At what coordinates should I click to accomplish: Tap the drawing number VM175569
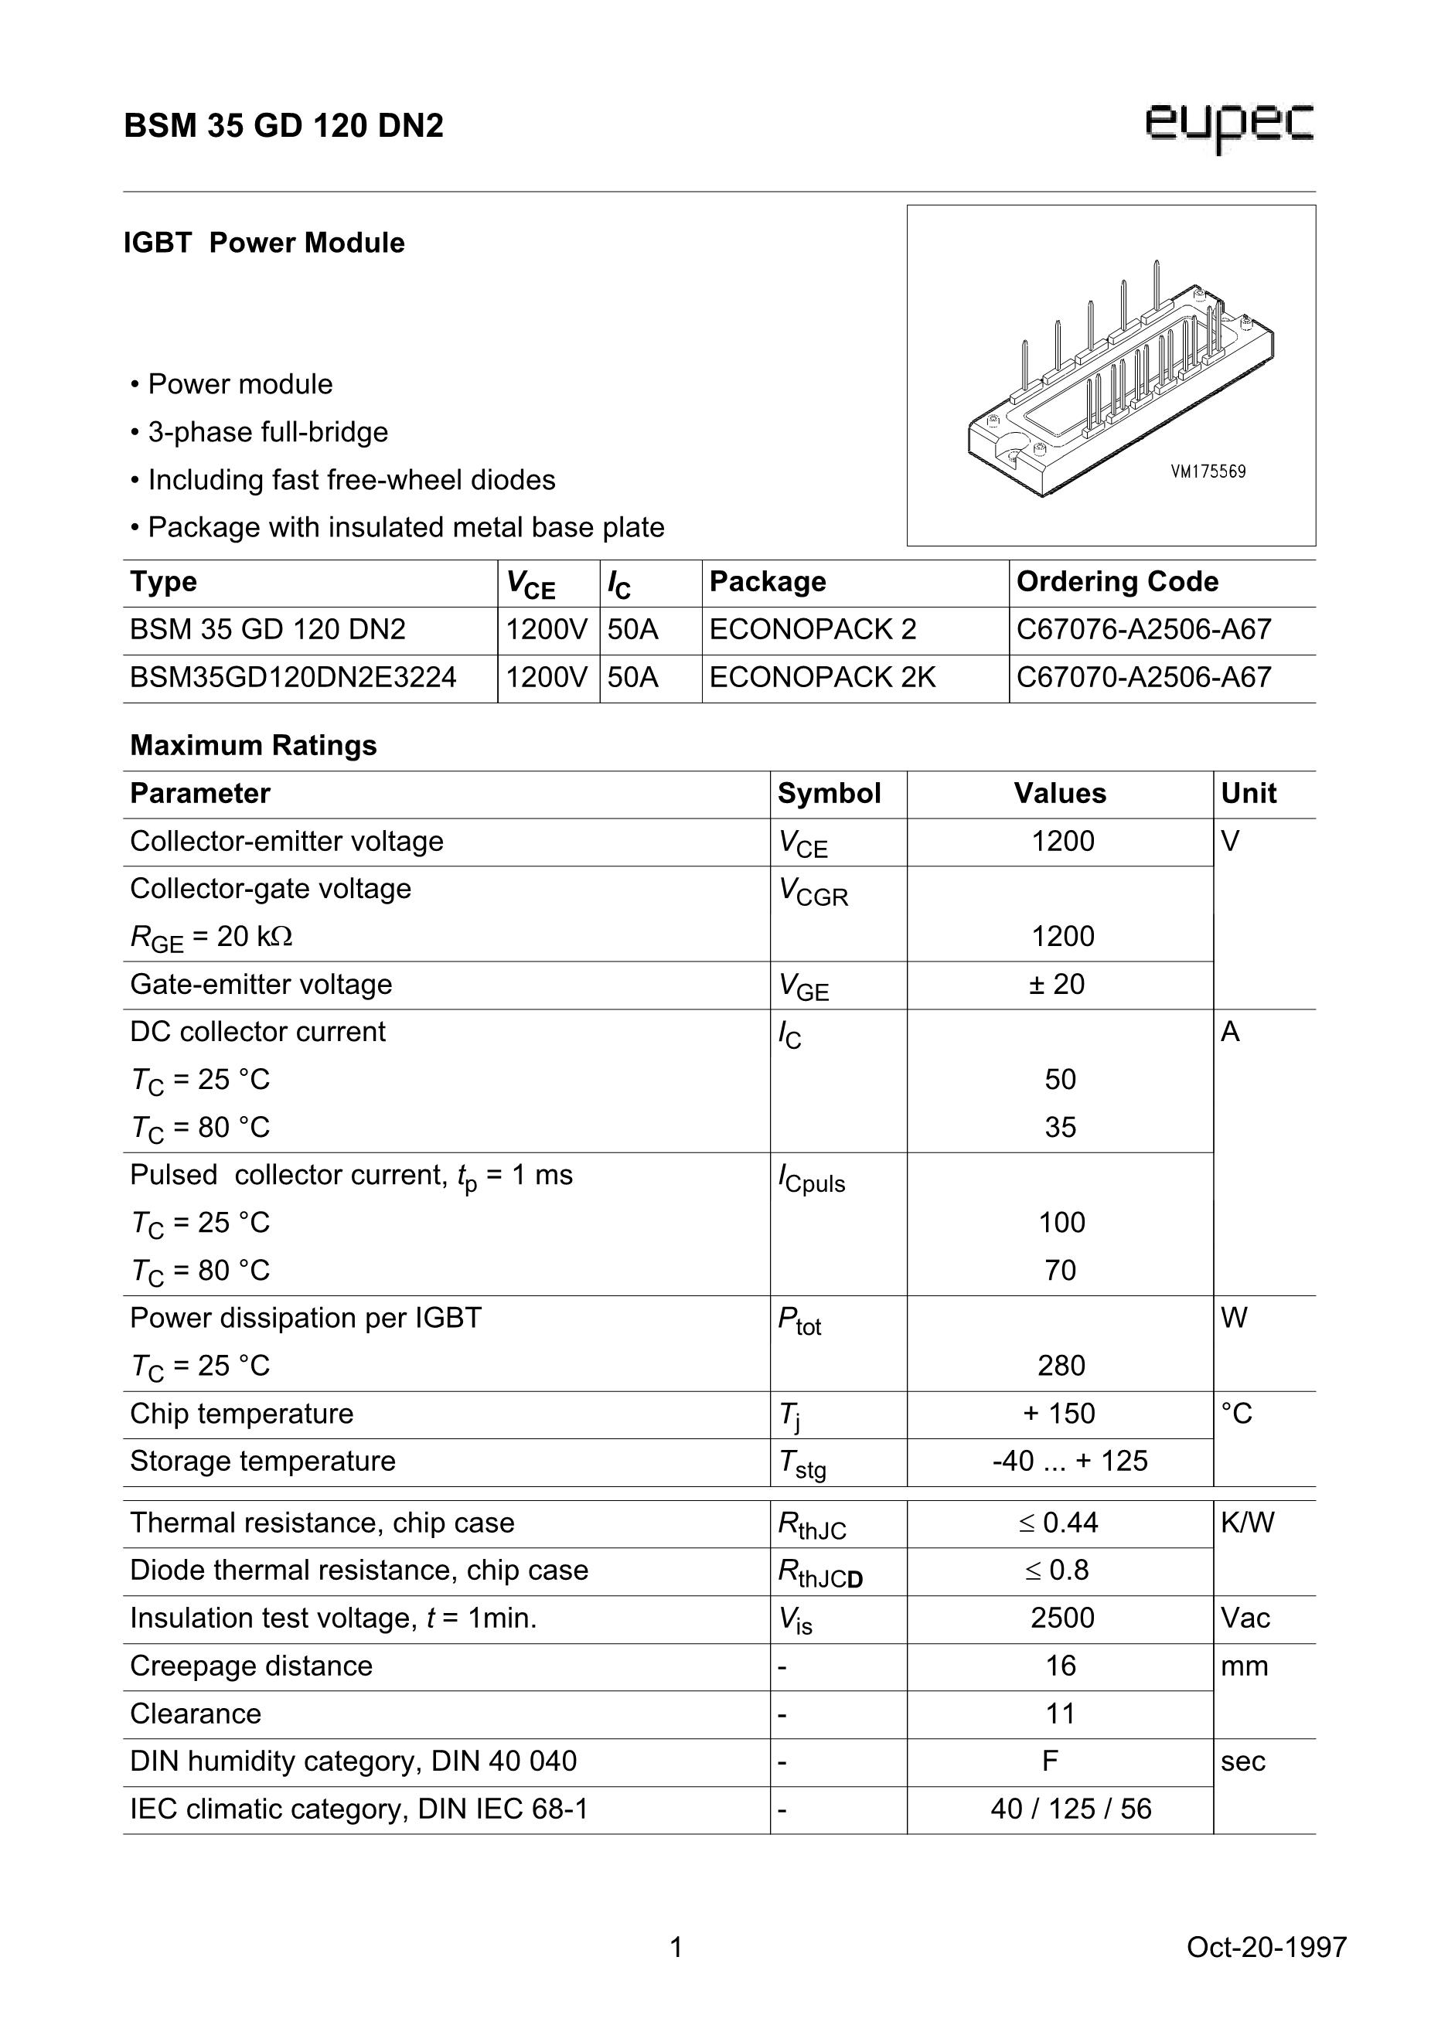point(1208,471)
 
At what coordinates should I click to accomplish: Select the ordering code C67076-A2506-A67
point(1143,630)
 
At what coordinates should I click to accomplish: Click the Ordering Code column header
point(1117,582)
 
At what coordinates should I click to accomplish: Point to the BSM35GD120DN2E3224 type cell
point(293,677)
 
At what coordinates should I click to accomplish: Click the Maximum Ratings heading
point(254,745)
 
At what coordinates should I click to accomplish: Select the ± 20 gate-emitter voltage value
point(1057,984)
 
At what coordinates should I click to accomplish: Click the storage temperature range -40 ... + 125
point(1069,1462)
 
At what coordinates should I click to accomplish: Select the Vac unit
point(1245,1618)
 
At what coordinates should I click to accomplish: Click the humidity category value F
point(1049,1761)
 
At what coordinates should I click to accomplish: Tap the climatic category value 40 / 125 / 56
point(1070,1809)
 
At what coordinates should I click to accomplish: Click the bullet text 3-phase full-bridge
point(267,432)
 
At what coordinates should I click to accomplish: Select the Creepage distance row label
point(251,1666)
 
